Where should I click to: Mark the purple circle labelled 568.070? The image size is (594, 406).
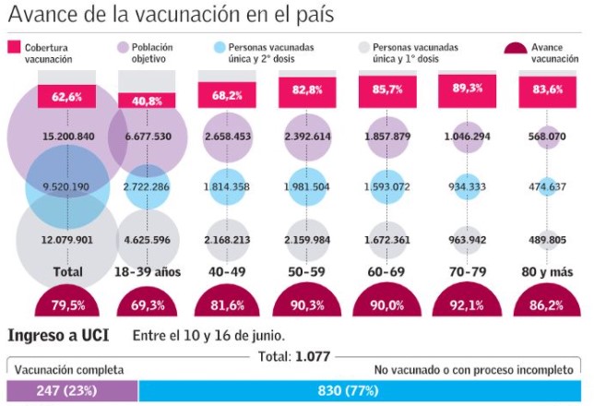click(546, 137)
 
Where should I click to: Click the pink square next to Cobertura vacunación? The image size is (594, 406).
click(14, 47)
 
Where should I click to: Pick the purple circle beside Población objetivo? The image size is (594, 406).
click(123, 47)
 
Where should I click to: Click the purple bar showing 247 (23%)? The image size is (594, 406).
click(72, 391)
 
